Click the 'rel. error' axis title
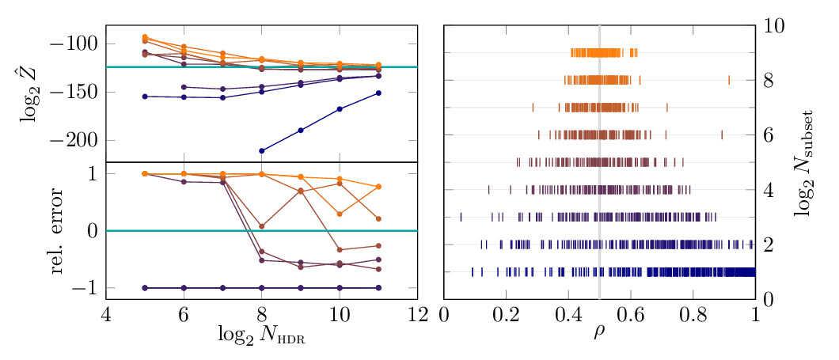[x=63, y=231]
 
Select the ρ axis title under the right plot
[x=599, y=335]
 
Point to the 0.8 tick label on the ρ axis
[x=693, y=316]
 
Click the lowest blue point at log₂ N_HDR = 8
[x=261, y=150]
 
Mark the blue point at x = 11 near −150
[x=378, y=93]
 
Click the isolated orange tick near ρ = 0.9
[x=728, y=80]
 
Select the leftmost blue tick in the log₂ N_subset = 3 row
[x=461, y=217]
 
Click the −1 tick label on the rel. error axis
[x=85, y=288]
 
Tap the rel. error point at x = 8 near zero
[x=261, y=226]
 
